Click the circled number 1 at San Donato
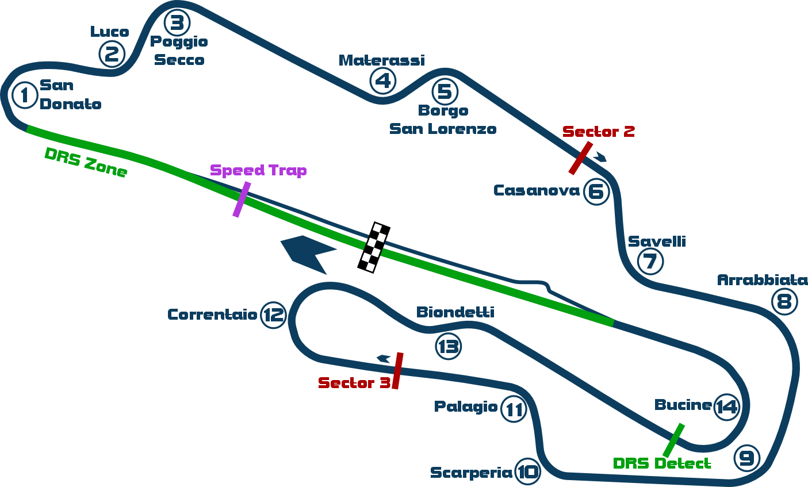pos(25,95)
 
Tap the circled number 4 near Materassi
pos(383,81)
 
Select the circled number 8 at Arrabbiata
pos(784,302)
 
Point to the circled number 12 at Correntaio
pos(274,315)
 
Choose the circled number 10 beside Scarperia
pos(527,472)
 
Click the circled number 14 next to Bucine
pos(726,407)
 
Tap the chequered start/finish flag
pos(374,247)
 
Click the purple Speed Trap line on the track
pos(241,200)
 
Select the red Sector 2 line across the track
pos(580,158)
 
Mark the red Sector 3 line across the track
pos(397,370)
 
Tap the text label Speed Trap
pos(258,170)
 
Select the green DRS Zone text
pos(86,163)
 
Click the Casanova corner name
pos(537,190)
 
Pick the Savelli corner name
pos(657,241)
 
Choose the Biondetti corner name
pos(455,312)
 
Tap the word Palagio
pos(466,407)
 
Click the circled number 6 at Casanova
pos(596,191)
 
